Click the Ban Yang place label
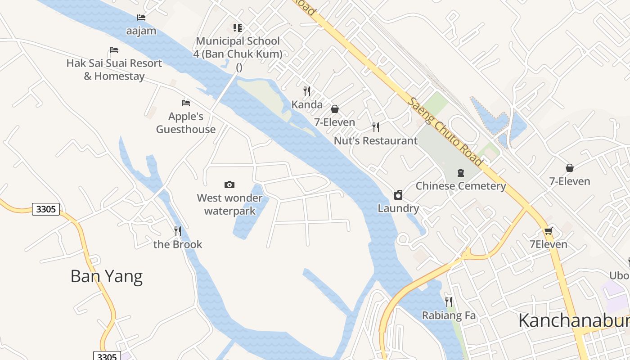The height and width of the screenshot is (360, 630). pos(107,276)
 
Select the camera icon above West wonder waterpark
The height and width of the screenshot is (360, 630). pos(229,184)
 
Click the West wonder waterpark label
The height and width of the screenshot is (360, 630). pos(229,204)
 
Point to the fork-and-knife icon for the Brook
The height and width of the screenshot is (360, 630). pos(178,231)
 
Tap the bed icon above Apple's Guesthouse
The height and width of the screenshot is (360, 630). pos(185,103)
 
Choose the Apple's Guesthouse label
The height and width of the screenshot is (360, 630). pos(186,123)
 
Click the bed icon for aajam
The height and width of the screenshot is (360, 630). pos(141,18)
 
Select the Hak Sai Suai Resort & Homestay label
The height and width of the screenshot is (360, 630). pos(114,69)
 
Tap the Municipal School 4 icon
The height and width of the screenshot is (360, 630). pos(238,28)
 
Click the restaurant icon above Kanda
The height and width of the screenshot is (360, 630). pos(307,91)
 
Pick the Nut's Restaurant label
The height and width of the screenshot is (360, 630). pos(376,141)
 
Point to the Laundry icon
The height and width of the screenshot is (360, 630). pos(398,195)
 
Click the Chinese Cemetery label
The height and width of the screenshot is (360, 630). pos(461,186)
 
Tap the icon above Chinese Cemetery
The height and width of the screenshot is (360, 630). pos(461,173)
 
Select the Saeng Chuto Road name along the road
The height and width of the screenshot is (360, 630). pos(445,131)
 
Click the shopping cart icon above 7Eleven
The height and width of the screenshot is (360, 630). pos(548,231)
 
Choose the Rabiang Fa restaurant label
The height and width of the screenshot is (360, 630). pos(449,315)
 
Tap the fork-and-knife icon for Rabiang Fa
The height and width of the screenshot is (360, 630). pos(449,302)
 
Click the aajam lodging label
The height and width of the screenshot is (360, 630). pos(141,31)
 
